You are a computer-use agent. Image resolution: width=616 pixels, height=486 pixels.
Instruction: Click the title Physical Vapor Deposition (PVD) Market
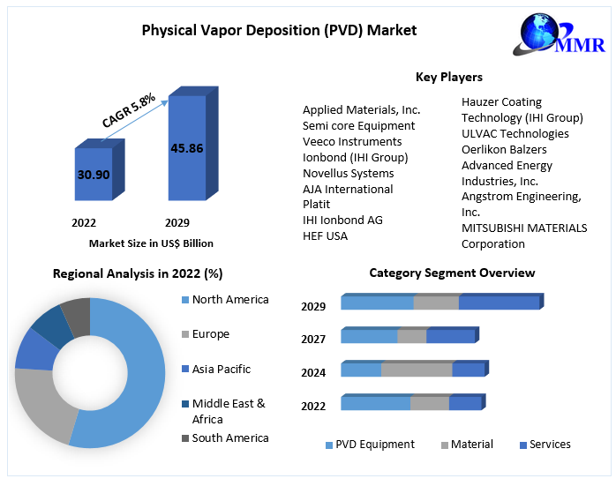pyautogui.click(x=279, y=30)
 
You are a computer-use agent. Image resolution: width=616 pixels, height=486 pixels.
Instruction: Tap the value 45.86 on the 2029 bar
pyautogui.click(x=186, y=148)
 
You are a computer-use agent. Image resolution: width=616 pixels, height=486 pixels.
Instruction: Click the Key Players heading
pyautogui.click(x=448, y=78)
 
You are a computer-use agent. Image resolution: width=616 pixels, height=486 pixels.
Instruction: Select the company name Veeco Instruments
pyautogui.click(x=352, y=141)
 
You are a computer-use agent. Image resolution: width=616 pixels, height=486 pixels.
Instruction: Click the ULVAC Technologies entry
pyautogui.click(x=515, y=133)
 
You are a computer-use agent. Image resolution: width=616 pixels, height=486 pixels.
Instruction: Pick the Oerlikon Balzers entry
pyautogui.click(x=504, y=149)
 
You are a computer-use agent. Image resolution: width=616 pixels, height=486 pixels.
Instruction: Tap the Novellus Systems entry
pyautogui.click(x=348, y=173)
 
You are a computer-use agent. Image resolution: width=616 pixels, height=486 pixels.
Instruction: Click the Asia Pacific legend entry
pyautogui.click(x=221, y=369)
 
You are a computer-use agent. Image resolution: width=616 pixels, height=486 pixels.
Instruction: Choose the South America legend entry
pyautogui.click(x=229, y=437)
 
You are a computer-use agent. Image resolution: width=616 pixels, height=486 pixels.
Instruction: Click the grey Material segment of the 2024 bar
pyautogui.click(x=417, y=370)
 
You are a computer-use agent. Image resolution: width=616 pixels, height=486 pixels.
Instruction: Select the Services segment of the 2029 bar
pyautogui.click(x=499, y=303)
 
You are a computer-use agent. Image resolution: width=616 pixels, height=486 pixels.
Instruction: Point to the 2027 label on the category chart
pyautogui.click(x=313, y=339)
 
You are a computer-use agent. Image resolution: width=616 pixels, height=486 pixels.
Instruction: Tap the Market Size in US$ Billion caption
pyautogui.click(x=151, y=243)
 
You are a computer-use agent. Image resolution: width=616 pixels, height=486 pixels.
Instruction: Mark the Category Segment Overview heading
pyautogui.click(x=452, y=273)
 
